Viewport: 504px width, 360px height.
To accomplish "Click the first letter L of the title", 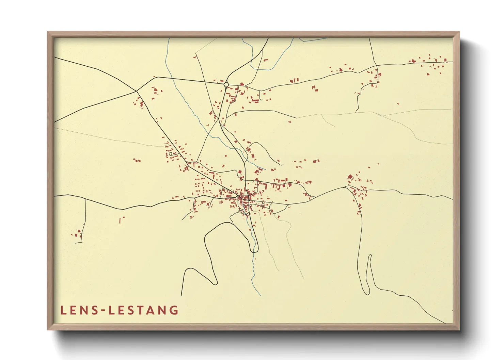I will click(x=63, y=310).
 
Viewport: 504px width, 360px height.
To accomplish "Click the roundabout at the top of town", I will click(x=226, y=84).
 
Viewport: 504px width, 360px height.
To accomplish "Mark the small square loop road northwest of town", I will click(x=171, y=154).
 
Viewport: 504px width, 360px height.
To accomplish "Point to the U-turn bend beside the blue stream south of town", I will click(x=254, y=251).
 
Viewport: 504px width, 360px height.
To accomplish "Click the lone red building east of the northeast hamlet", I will click(x=398, y=103).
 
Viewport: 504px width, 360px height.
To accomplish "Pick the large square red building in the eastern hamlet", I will click(x=350, y=177).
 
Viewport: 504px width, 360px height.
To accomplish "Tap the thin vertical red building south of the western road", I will click(x=120, y=220).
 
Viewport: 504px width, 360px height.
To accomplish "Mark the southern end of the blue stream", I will click(x=261, y=295).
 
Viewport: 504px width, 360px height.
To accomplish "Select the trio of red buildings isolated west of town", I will click(x=137, y=160).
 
